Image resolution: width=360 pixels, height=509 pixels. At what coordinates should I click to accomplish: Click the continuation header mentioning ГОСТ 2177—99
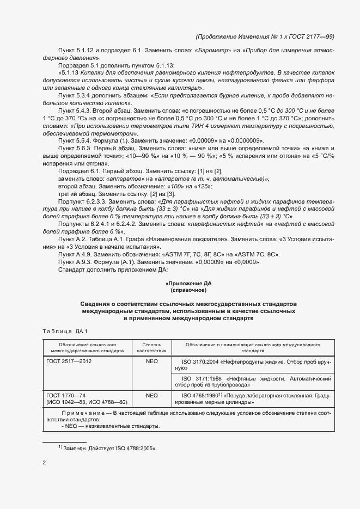(x=264, y=36)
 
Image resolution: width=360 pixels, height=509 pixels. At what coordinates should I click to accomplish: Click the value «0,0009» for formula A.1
(x=246, y=262)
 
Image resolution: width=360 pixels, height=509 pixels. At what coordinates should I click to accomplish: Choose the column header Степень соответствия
(x=151, y=347)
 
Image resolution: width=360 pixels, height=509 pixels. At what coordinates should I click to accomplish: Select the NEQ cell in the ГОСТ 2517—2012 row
(x=151, y=361)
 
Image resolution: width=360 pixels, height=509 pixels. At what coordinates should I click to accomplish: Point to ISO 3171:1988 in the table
(x=201, y=377)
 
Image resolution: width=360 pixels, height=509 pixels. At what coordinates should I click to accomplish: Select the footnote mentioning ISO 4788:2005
(x=107, y=449)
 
